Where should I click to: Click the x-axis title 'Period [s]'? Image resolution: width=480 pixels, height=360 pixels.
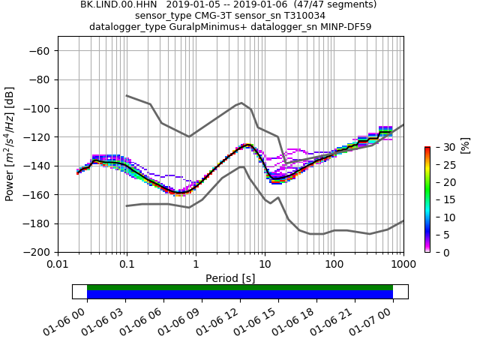coord(230,278)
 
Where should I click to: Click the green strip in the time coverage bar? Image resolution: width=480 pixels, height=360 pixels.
coord(240,287)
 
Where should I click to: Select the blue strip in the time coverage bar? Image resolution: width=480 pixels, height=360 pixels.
coord(240,295)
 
